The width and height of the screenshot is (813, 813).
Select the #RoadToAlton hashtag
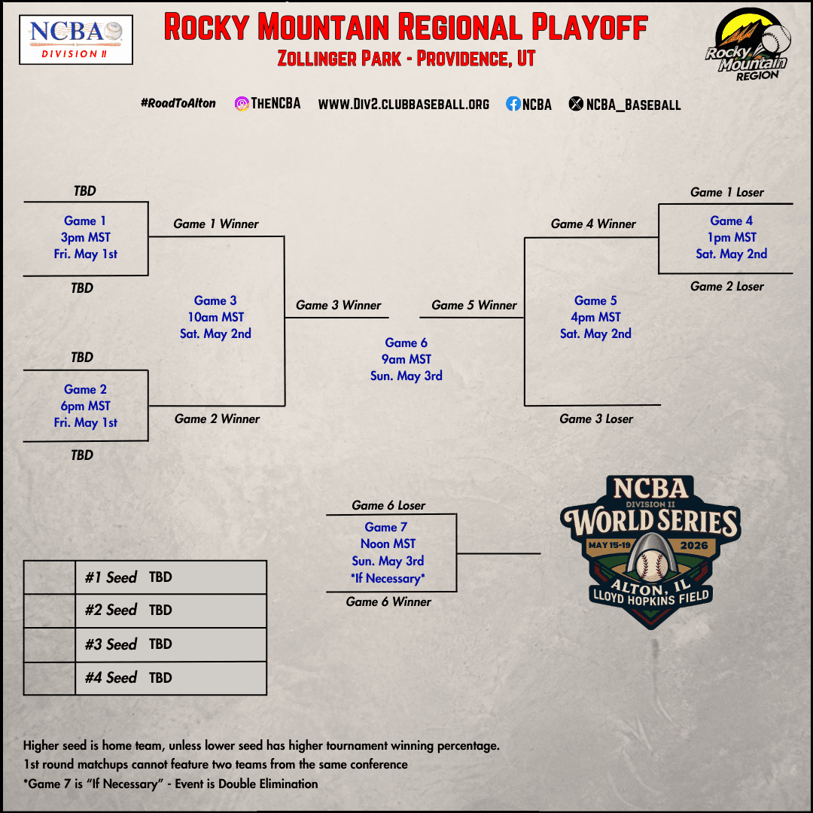tap(178, 103)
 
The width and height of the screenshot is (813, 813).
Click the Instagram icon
tap(242, 104)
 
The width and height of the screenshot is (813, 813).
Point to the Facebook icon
tap(513, 105)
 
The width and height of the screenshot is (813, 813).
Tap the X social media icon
tap(576, 105)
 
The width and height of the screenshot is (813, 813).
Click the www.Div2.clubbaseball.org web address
tap(403, 105)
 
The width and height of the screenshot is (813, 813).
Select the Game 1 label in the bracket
tap(85, 221)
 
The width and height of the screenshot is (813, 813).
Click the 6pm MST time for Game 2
tap(87, 406)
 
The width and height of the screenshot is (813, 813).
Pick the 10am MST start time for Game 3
tap(215, 317)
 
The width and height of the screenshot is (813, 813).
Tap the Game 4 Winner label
tap(593, 224)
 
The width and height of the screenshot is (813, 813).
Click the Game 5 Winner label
tap(474, 305)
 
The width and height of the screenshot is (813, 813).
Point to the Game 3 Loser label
tap(596, 419)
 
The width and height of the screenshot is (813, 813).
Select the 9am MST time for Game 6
tap(406, 359)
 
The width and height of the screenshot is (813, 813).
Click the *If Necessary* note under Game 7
tap(388, 578)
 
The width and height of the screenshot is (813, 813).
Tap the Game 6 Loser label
tap(388, 505)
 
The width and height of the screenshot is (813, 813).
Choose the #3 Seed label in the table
tap(111, 644)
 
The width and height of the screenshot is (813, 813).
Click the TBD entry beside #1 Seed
tap(160, 577)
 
